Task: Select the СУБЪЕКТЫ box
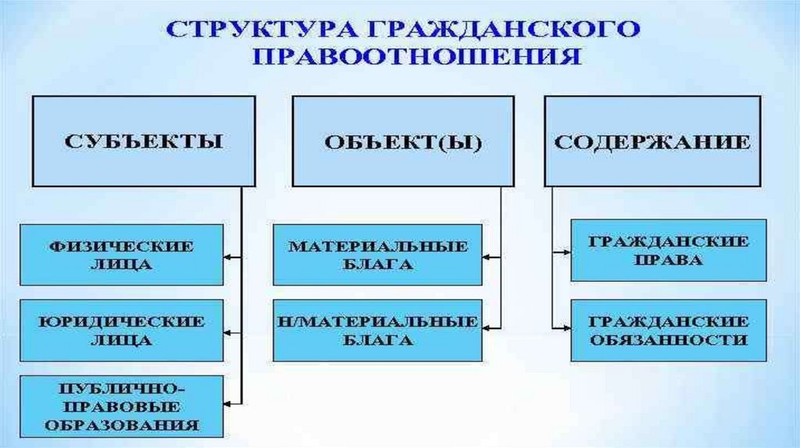coord(143,140)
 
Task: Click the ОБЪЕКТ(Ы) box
coord(403,142)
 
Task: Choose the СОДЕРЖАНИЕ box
coord(652,140)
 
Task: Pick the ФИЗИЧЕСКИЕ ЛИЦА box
coord(121,254)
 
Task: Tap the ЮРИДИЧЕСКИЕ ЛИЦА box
coord(121,330)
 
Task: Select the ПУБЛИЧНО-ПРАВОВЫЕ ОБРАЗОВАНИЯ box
coord(121,406)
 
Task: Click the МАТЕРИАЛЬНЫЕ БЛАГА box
coord(377,255)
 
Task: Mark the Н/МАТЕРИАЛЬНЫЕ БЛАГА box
coord(377,330)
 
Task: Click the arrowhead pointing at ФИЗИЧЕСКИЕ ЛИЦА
coord(228,255)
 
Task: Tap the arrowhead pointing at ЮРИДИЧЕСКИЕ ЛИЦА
coord(228,330)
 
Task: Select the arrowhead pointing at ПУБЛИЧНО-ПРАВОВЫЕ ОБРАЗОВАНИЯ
coord(228,403)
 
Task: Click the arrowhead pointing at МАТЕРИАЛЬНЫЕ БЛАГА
coord(487,255)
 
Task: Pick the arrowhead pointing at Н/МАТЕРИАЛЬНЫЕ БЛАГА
coord(487,329)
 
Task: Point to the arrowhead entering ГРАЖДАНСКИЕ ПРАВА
coord(566,251)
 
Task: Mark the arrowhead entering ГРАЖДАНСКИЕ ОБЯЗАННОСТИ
coord(566,328)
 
